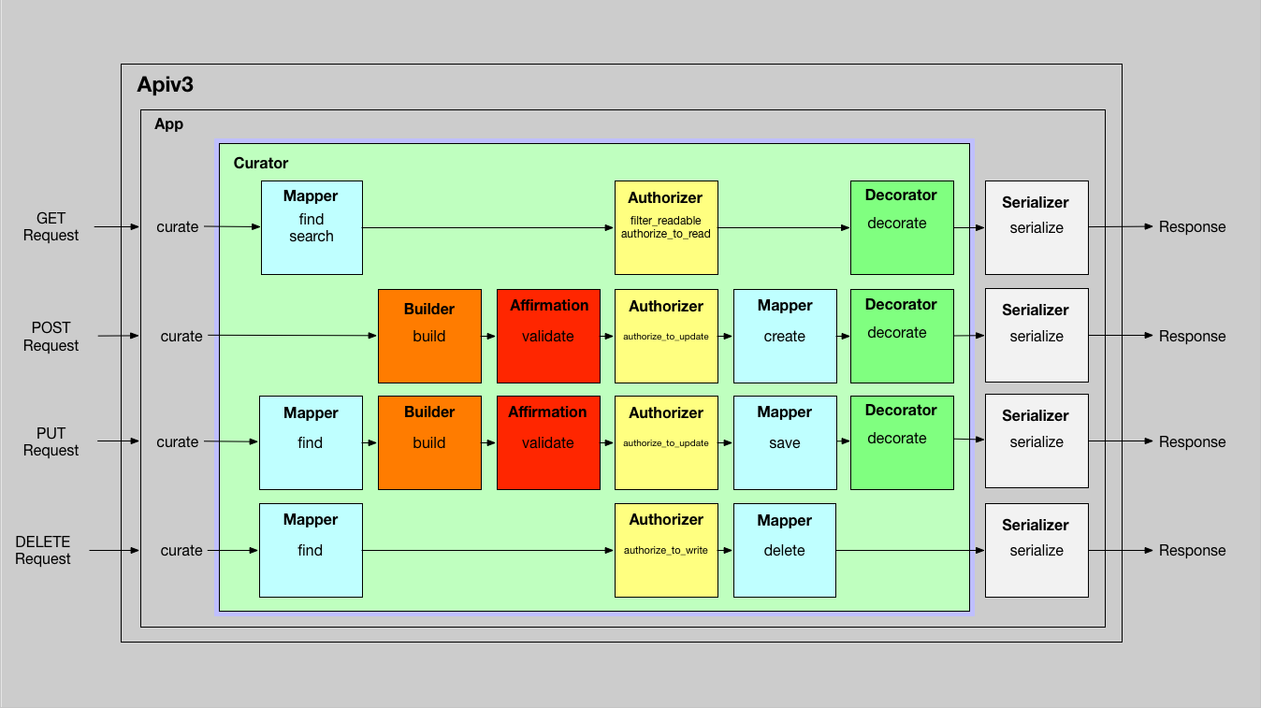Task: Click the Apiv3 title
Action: coord(166,85)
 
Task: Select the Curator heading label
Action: coord(261,163)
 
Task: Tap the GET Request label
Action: coord(51,226)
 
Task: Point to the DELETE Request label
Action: coord(43,550)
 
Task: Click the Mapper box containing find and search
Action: coord(312,227)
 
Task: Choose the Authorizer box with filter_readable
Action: coord(666,227)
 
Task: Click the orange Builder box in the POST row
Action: coord(429,336)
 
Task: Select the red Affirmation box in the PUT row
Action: coord(548,442)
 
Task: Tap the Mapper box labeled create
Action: coord(785,336)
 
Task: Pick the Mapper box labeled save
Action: coord(785,442)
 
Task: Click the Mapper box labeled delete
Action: coord(785,550)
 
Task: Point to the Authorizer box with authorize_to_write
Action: coord(666,550)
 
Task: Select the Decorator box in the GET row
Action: coord(902,227)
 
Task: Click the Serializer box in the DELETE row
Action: coord(1036,550)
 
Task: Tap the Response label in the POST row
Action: coord(1192,336)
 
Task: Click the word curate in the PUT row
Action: coord(178,441)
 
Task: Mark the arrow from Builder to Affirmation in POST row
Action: coord(488,336)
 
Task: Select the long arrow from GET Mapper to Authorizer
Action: coord(486,227)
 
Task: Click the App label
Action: coord(169,124)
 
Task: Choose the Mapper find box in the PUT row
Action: coord(311,442)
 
